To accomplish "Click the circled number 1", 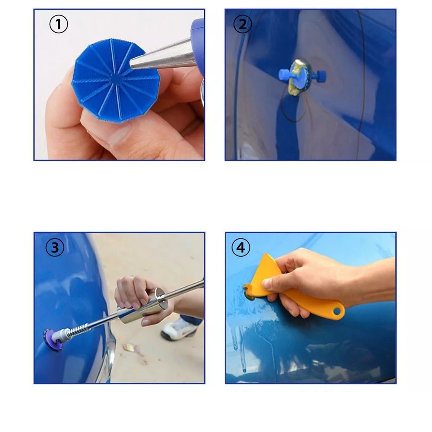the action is (x=58, y=24).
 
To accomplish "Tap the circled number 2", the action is (x=243, y=24).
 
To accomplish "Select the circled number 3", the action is (x=55, y=247).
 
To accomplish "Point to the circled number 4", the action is (x=241, y=247).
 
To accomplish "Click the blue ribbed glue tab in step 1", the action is (x=113, y=80).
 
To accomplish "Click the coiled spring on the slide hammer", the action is (x=78, y=330).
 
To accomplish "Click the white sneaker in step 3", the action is (x=179, y=329).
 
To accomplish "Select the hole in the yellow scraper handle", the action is (x=337, y=311).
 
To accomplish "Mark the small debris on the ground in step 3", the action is (x=132, y=349).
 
